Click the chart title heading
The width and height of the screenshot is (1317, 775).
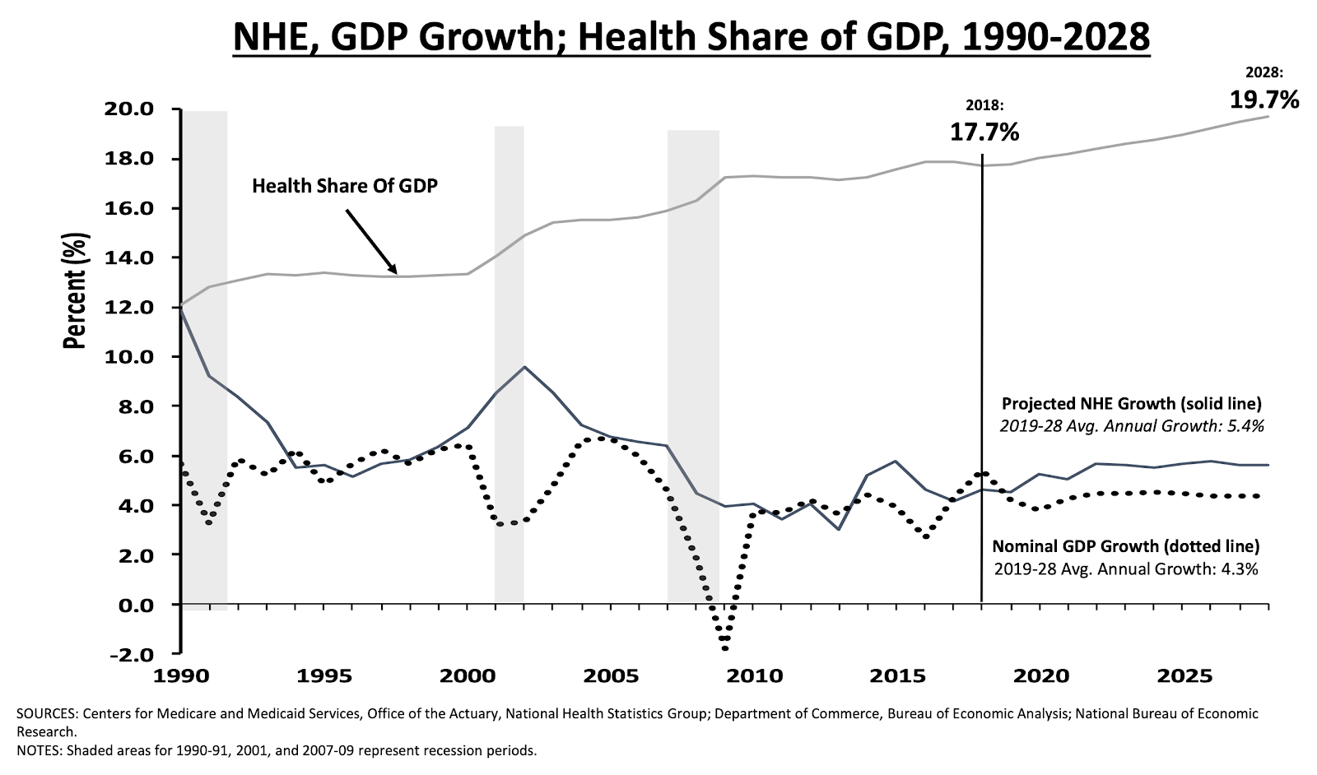(x=691, y=37)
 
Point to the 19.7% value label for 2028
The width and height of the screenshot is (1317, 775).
(x=1264, y=100)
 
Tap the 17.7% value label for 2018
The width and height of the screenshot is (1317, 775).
(x=984, y=131)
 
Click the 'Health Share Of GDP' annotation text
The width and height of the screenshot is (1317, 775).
(x=344, y=185)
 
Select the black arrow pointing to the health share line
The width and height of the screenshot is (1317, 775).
(x=370, y=240)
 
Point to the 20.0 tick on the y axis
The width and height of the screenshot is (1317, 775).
(x=133, y=109)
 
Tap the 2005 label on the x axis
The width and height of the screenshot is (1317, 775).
(x=610, y=676)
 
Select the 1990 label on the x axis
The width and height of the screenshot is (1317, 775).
(x=180, y=676)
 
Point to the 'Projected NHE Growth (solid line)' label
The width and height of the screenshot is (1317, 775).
(x=1131, y=404)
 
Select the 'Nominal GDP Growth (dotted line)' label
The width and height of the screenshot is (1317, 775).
(x=1125, y=546)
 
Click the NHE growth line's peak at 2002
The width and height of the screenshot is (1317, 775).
(x=524, y=367)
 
